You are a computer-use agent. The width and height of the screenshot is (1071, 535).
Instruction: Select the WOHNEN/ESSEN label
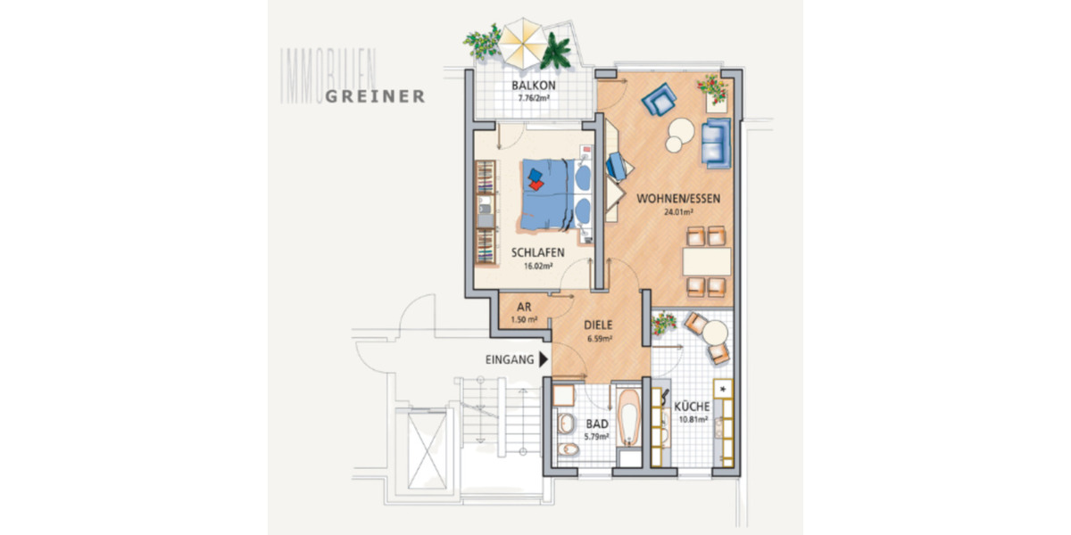[x=678, y=199]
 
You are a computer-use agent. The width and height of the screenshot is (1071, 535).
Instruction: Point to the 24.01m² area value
[x=678, y=212]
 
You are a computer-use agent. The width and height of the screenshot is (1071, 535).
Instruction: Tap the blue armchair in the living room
[x=661, y=98]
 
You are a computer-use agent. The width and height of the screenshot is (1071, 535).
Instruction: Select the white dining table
[x=707, y=261]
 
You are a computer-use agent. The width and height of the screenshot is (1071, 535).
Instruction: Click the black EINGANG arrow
[x=543, y=360]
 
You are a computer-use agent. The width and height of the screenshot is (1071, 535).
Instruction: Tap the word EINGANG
[x=510, y=361]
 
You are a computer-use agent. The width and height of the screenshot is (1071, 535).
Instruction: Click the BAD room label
[x=596, y=424]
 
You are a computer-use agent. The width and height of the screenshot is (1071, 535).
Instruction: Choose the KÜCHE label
[x=693, y=406]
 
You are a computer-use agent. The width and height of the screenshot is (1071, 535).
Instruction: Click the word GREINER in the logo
[x=375, y=96]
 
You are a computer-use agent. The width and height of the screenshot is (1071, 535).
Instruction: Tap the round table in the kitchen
[x=714, y=333]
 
